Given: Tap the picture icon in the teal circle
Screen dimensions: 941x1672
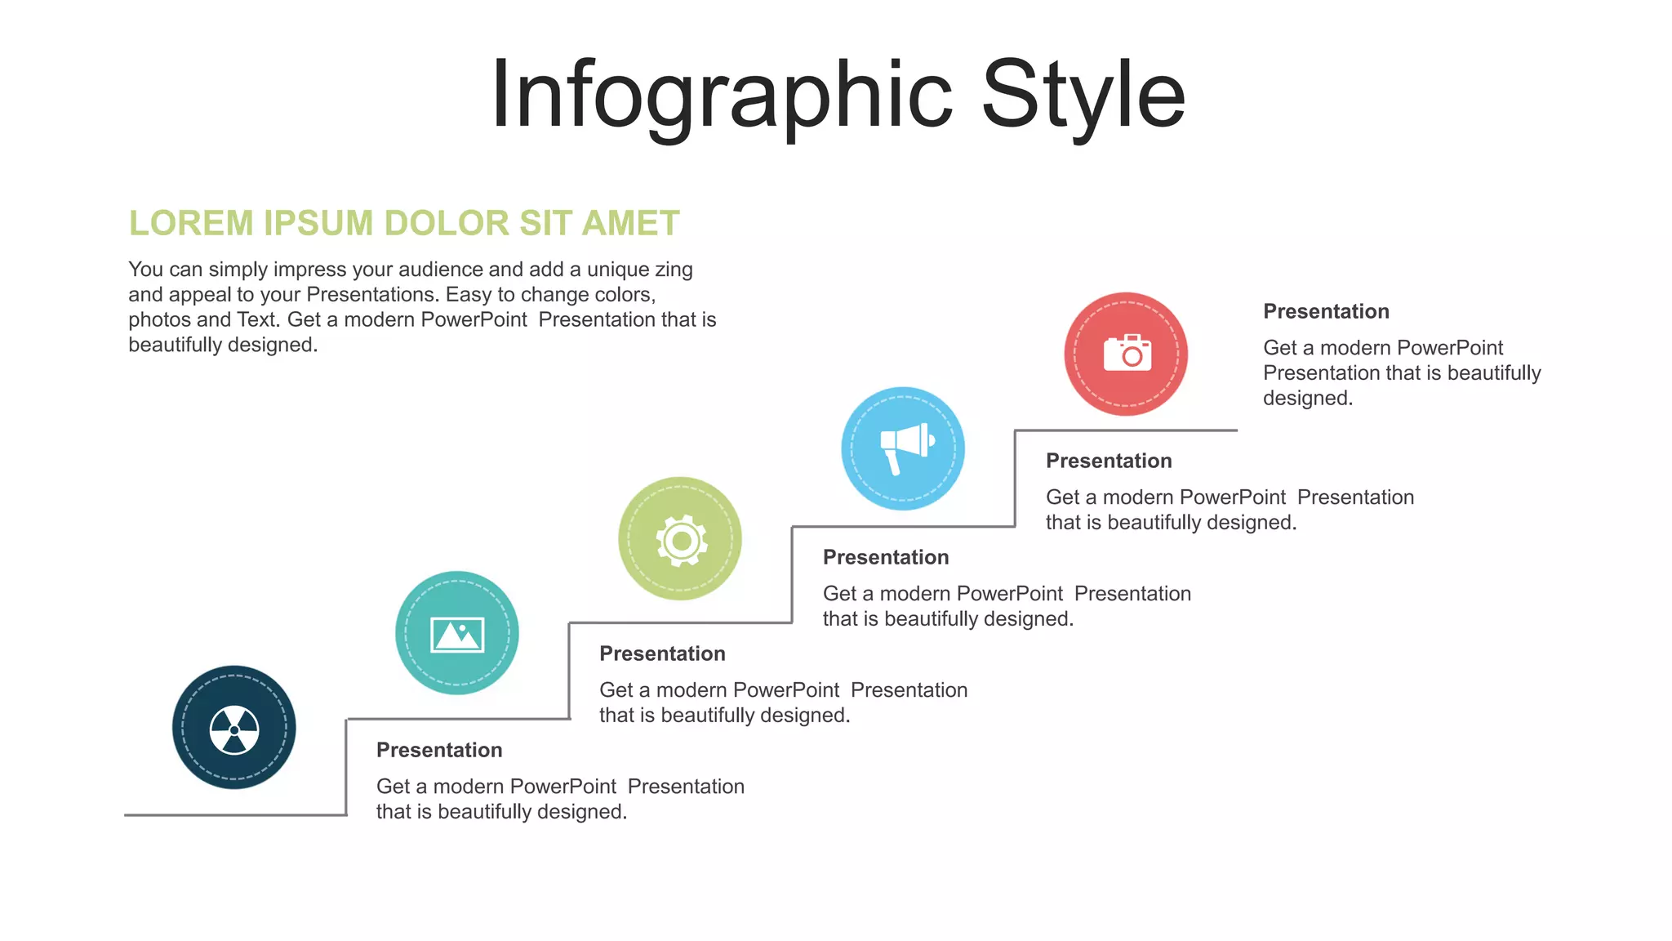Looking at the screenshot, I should [x=457, y=635].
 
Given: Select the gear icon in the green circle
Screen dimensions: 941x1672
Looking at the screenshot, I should [x=681, y=540].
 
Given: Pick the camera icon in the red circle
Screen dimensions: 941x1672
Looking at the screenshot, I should [x=1127, y=353].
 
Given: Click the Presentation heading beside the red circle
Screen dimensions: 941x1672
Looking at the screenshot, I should [x=1326, y=312].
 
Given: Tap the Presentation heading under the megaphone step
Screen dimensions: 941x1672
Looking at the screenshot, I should [x=1109, y=462].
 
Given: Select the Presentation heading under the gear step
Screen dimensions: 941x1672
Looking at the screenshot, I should [x=886, y=558].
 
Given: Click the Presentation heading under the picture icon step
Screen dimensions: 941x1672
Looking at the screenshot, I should [x=662, y=654].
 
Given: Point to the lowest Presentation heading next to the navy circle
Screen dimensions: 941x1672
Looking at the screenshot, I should [x=439, y=751].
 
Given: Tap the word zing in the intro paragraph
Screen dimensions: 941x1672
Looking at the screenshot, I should [x=673, y=270].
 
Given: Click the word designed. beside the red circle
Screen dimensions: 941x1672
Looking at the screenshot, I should [x=1308, y=399].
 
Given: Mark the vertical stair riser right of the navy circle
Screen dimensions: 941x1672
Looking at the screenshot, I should [x=346, y=768].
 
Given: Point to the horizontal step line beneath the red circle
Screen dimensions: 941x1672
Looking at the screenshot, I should [x=1127, y=430].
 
